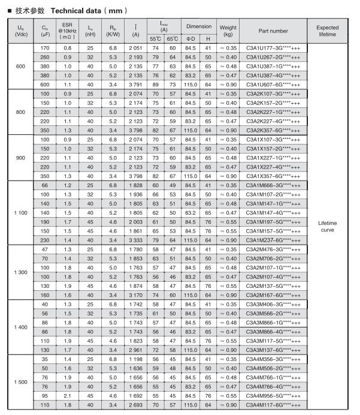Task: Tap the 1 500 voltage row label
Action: coord(21,382)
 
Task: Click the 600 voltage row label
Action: coord(21,66)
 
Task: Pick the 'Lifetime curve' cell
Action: coord(327,226)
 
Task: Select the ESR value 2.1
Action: coord(68,397)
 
